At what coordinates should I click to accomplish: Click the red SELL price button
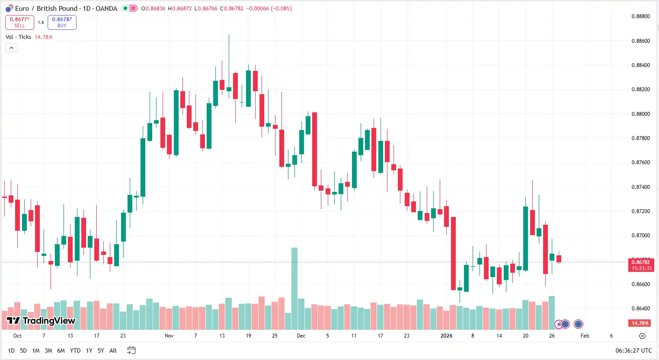pos(19,22)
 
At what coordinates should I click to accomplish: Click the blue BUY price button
pos(62,22)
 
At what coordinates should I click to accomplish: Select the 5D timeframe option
pos(23,350)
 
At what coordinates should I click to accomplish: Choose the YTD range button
pos(75,350)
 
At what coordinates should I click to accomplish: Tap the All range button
pos(113,350)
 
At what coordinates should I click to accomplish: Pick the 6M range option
pos(61,350)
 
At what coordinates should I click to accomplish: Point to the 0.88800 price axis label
pos(640,16)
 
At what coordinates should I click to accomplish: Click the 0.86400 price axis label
pos(640,309)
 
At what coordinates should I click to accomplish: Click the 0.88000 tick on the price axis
pos(640,114)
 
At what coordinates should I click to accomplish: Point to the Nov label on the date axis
pos(169,336)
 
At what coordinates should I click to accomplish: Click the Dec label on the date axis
pos(301,336)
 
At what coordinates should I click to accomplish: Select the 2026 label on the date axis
pos(446,336)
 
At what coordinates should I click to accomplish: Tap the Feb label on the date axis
pos(585,336)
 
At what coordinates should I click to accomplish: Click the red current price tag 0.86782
pos(640,262)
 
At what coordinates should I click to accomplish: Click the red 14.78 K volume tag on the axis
pos(640,323)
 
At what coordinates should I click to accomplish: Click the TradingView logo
pos(41,321)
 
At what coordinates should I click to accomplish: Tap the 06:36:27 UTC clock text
pos(633,350)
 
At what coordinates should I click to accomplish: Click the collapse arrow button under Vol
pos(11,48)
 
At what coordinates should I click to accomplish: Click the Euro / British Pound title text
pos(46,9)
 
